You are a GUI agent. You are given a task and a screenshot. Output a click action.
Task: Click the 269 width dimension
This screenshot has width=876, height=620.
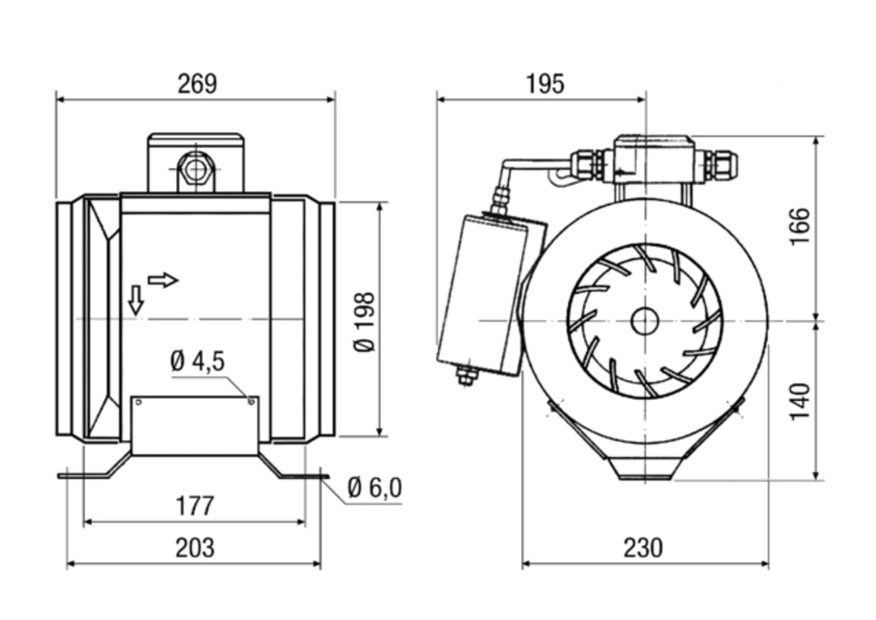196,84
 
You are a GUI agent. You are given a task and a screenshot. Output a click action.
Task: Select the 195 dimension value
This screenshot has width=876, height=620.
545,84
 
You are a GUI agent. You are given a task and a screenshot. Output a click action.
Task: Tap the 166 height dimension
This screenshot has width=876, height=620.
801,227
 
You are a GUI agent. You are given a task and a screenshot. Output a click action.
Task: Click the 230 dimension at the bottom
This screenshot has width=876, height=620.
643,548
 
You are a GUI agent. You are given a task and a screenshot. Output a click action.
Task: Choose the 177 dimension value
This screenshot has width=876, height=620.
194,506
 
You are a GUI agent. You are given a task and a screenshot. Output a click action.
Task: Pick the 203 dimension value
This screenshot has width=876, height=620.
194,548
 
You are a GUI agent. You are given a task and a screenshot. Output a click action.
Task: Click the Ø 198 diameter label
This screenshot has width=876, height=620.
365,321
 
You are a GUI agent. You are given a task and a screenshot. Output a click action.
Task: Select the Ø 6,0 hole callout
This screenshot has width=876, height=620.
374,488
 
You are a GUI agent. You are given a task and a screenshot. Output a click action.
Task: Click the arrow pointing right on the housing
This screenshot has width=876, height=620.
163,280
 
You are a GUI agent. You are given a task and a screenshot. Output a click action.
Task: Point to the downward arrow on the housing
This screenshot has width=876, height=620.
135,299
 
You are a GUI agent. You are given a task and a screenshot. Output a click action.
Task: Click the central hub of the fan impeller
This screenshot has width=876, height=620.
644,321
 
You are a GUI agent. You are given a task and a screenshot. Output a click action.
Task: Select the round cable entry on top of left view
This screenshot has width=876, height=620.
195,168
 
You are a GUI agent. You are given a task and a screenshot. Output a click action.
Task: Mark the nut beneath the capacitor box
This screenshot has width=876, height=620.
466,377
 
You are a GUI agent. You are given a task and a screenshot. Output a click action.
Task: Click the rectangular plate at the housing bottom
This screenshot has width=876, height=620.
194,426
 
